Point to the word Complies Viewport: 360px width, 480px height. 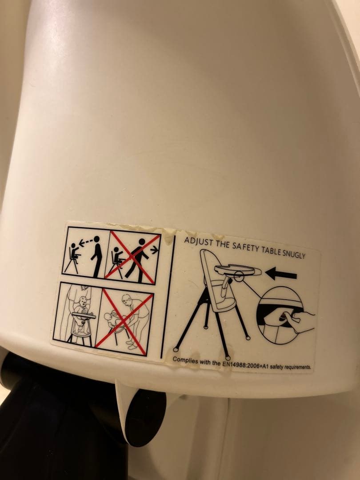click(x=185, y=360)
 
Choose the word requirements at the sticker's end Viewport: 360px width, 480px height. click(x=297, y=366)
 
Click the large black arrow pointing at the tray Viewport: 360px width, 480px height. click(x=281, y=273)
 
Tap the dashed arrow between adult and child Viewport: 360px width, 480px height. click(x=87, y=242)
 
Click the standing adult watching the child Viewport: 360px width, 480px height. click(x=97, y=256)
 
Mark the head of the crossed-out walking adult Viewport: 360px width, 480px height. click(x=142, y=241)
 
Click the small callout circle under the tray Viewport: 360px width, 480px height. click(x=239, y=276)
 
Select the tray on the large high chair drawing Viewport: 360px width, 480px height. click(x=237, y=270)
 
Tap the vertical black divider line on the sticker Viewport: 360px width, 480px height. click(x=168, y=296)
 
